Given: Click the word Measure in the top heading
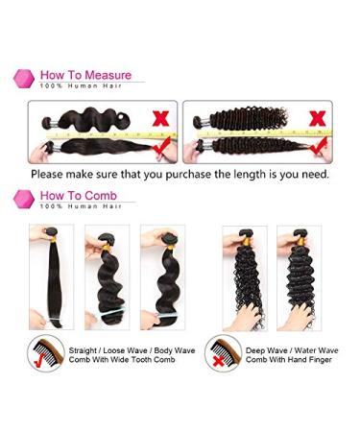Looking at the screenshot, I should (x=106, y=75).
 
